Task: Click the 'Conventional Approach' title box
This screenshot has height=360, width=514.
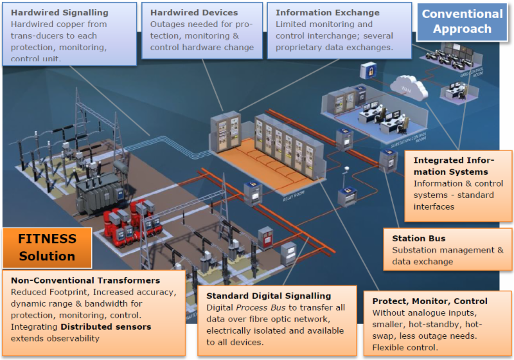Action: (x=462, y=21)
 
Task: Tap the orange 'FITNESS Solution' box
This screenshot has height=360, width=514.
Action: (x=47, y=247)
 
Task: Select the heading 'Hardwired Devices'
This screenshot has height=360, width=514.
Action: (x=193, y=12)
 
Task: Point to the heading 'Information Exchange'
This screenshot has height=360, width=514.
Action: (x=327, y=12)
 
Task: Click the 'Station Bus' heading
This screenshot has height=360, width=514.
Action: (x=419, y=239)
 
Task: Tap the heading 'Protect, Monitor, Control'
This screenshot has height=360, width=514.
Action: (x=430, y=301)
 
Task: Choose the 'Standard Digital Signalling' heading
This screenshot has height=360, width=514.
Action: (x=269, y=296)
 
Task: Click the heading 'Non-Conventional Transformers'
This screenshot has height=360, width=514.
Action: (x=85, y=280)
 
